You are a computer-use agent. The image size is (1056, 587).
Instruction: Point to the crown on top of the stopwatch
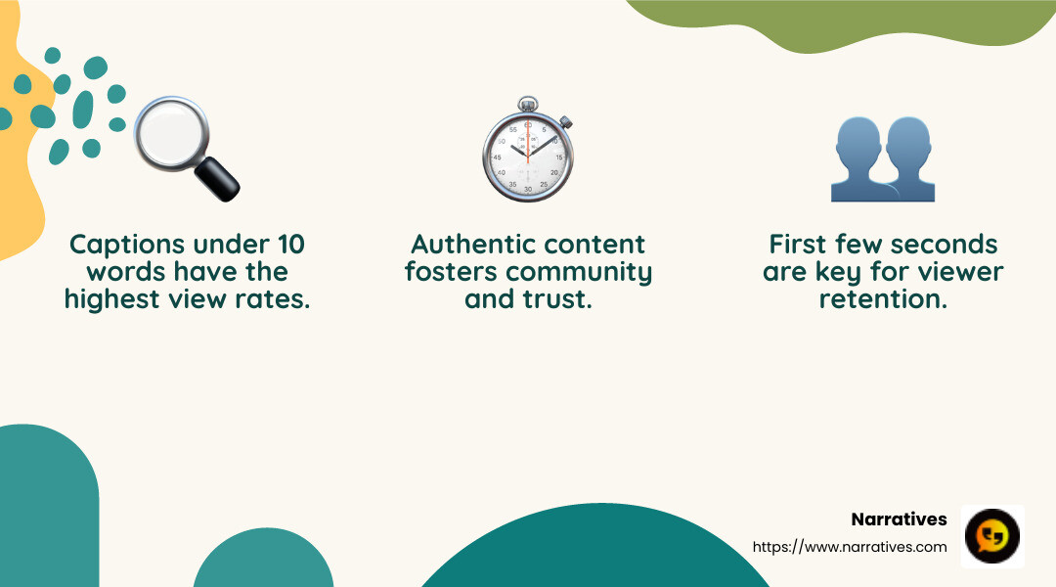pyautogui.click(x=528, y=103)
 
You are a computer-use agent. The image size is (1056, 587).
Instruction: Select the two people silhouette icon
pyautogui.click(x=882, y=158)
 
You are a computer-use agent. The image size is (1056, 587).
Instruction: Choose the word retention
pyautogui.click(x=882, y=299)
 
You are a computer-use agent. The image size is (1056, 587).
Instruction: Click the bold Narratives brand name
pyautogui.click(x=899, y=519)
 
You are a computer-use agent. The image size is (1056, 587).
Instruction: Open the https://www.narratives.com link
pyautogui.click(x=850, y=547)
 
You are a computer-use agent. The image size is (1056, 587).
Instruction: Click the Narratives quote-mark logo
pyautogui.click(x=992, y=536)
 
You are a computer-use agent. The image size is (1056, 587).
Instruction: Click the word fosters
pyautogui.click(x=455, y=271)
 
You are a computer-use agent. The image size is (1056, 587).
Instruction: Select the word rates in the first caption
pyautogui.click(x=277, y=299)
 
